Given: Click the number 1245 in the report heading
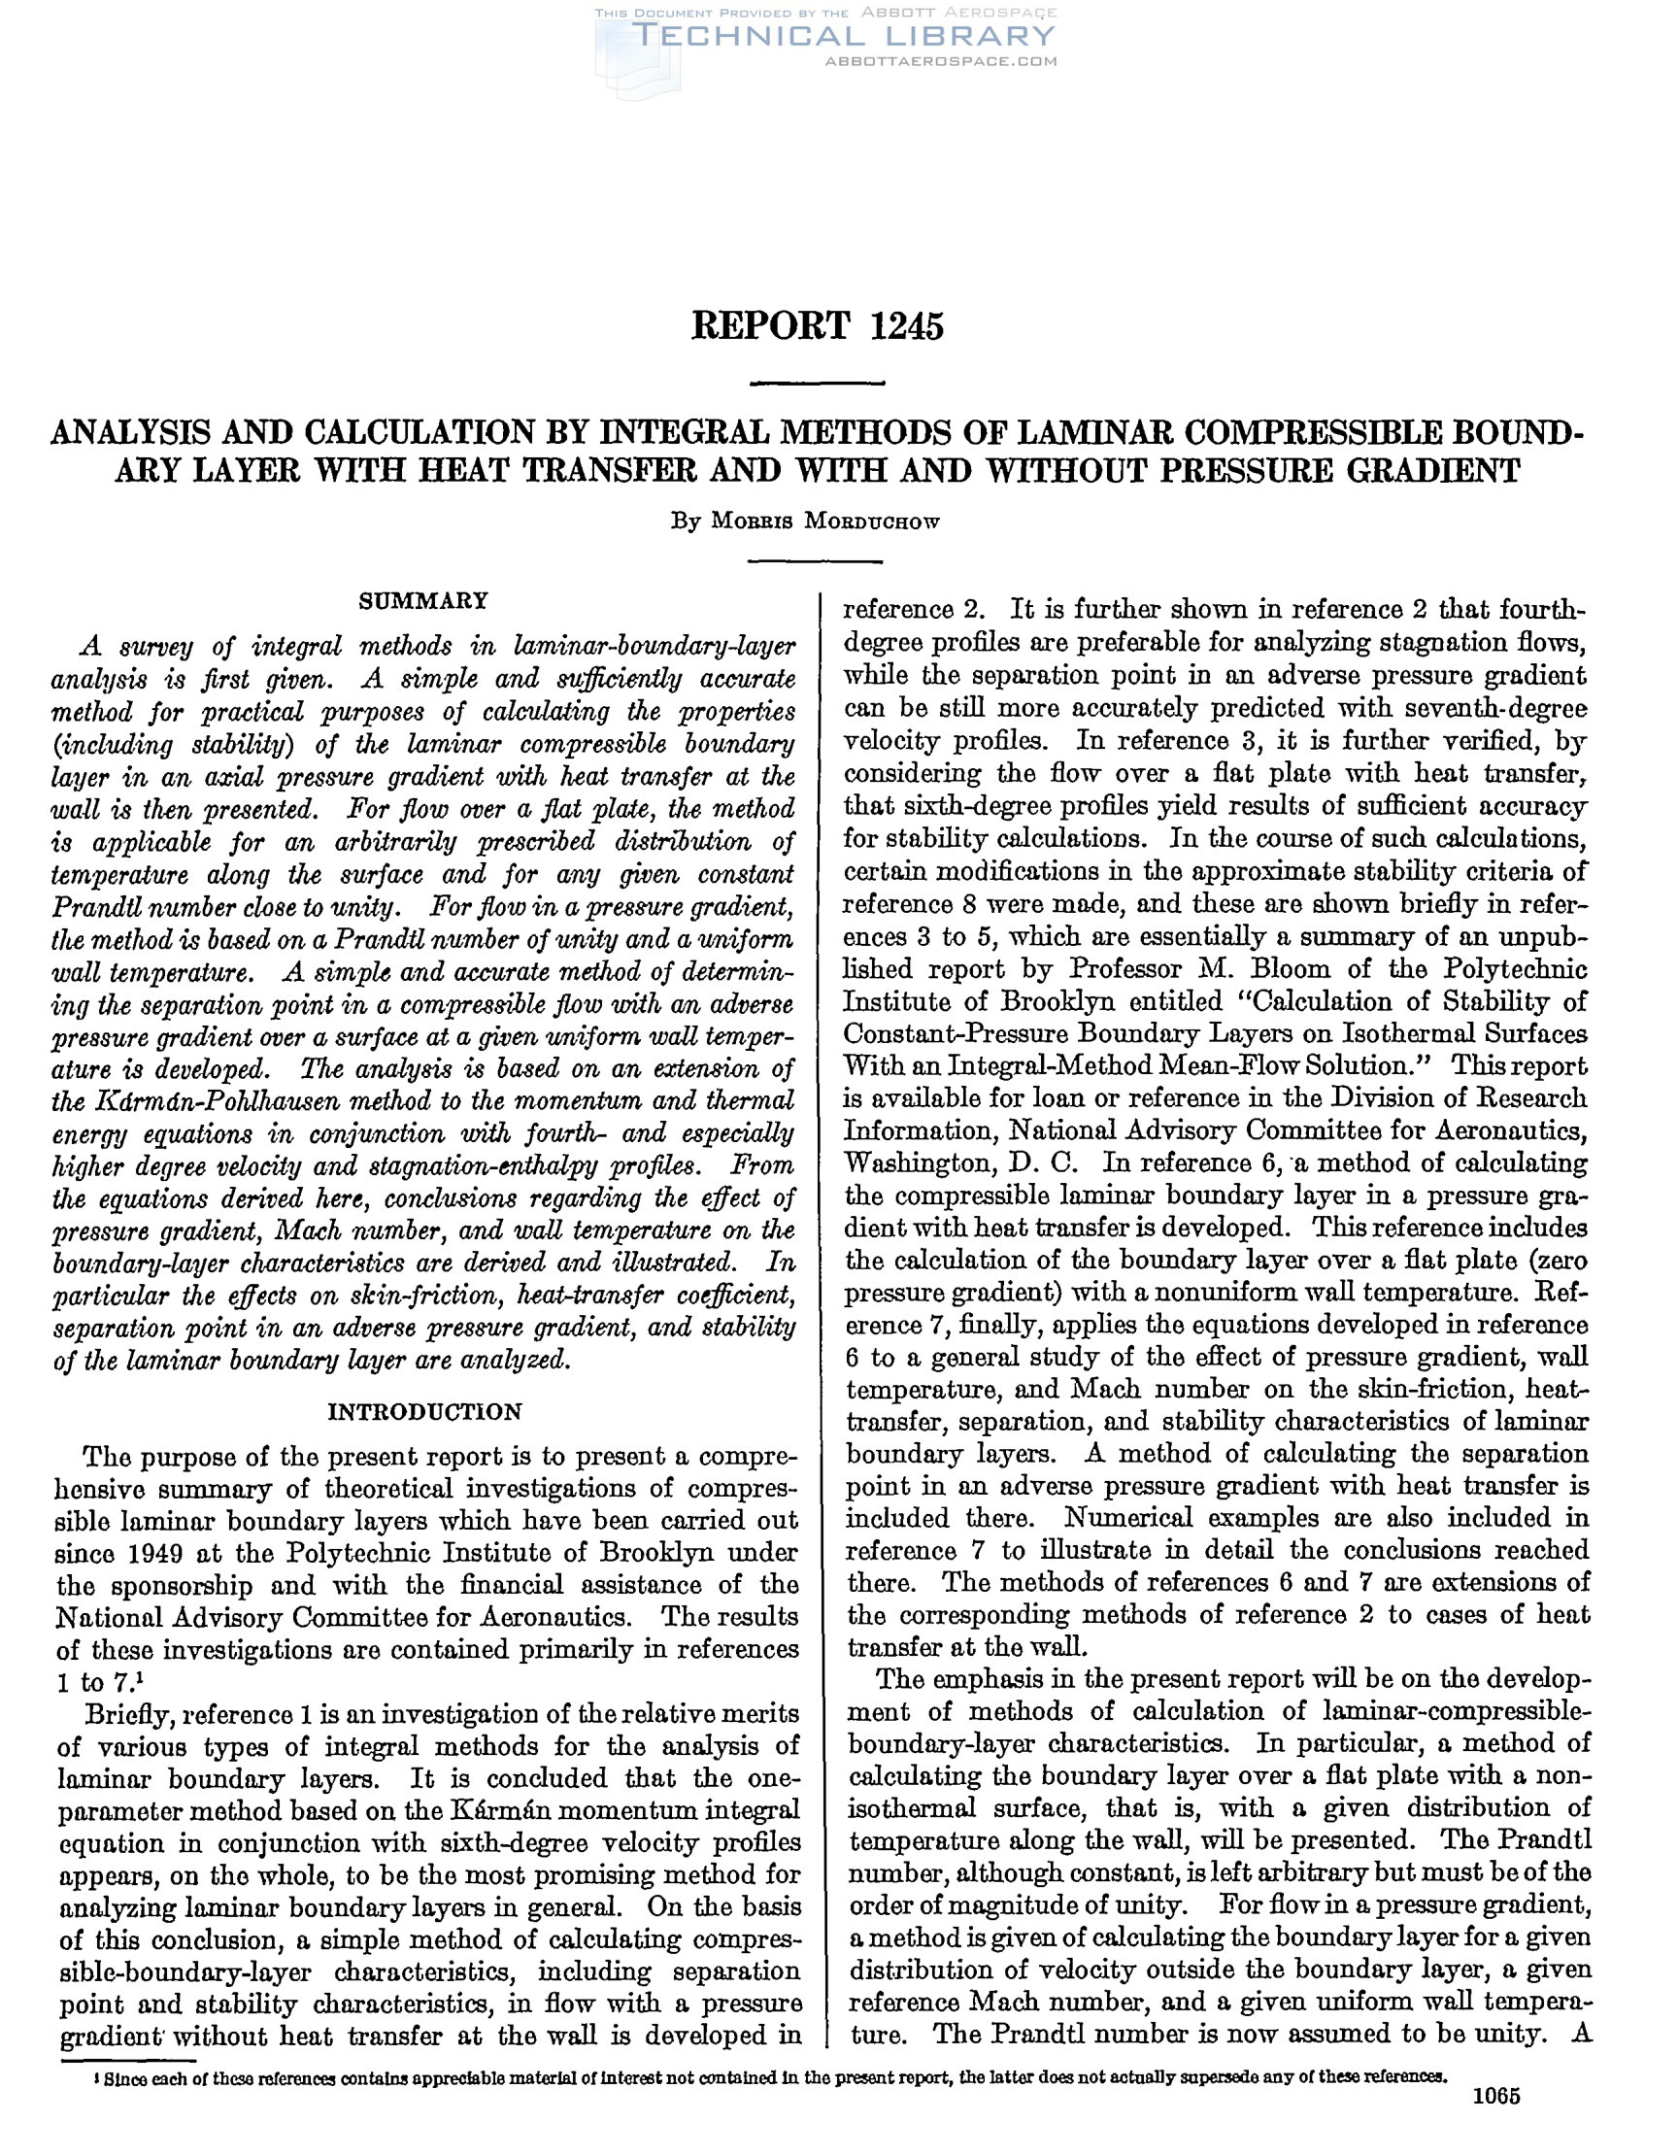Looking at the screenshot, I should [x=906, y=325].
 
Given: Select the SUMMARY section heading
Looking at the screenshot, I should [x=424, y=600].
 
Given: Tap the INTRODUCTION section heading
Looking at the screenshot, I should [x=424, y=1412].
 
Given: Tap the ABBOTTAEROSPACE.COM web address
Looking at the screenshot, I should [x=940, y=61].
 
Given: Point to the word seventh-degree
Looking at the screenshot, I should [x=1509, y=709].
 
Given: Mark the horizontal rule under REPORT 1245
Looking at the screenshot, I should [x=818, y=383].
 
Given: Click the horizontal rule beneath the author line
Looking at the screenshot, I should [x=816, y=561].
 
